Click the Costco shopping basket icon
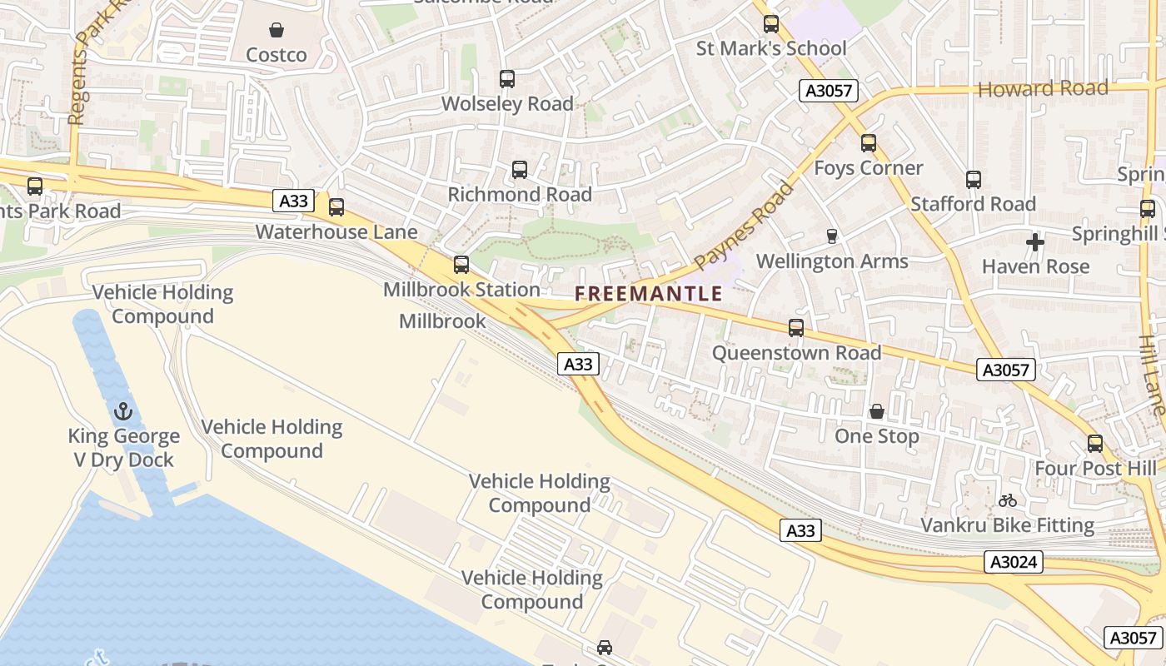(277, 31)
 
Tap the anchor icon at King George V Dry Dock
(123, 411)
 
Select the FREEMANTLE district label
(648, 293)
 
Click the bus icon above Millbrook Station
(461, 265)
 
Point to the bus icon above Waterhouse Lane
(336, 206)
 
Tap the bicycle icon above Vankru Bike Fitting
(1007, 500)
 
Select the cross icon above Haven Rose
(1035, 242)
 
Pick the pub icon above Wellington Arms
(831, 236)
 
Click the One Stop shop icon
(877, 411)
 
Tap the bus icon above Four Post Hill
(1095, 444)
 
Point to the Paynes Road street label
(744, 226)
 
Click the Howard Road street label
(1043, 88)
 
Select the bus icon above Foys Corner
(869, 143)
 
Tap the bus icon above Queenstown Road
(796, 328)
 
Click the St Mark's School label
(771, 48)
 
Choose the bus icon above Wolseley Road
(507, 79)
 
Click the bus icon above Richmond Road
(520, 170)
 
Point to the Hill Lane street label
(1152, 375)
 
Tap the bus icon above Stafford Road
(973, 179)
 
